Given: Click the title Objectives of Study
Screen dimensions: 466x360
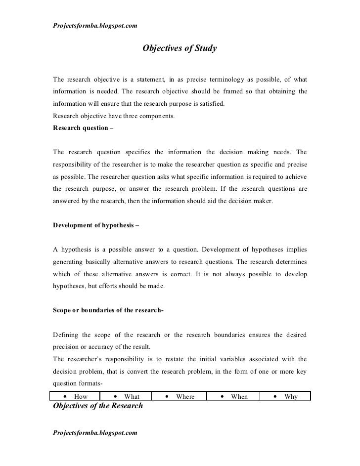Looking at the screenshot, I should click(180, 49).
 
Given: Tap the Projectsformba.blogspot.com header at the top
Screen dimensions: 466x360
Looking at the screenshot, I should click(95, 25).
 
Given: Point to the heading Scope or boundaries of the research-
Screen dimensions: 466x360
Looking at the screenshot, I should click(108, 310).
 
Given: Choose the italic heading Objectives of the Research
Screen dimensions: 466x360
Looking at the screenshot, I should click(97, 406).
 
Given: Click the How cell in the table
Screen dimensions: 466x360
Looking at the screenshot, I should click(75, 396).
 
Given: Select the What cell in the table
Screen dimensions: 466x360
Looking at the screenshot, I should click(126, 396).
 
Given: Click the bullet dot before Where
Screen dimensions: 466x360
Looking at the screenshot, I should click(168, 396).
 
